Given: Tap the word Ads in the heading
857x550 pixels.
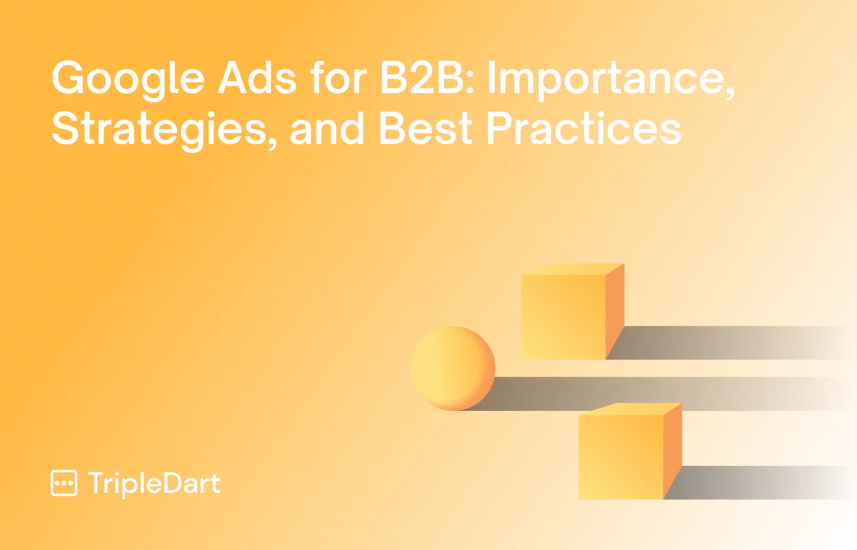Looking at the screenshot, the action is click(x=257, y=78).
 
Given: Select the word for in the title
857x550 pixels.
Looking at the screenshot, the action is click(x=339, y=77).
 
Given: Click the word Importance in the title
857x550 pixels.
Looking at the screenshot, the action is click(x=611, y=80).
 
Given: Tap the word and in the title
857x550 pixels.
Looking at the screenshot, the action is click(x=327, y=128).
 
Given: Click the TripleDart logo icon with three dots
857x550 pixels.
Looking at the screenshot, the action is click(x=64, y=483).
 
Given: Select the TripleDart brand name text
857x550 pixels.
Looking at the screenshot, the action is click(x=154, y=483).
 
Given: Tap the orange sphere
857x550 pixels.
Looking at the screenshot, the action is click(x=453, y=368).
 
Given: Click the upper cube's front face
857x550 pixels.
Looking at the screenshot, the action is click(x=563, y=317).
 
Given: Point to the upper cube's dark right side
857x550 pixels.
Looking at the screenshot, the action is click(x=615, y=311).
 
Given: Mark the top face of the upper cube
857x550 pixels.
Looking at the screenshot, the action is click(x=573, y=269).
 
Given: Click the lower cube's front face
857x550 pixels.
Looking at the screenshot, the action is click(x=621, y=457).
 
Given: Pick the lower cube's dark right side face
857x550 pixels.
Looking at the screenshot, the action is click(x=672, y=451).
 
